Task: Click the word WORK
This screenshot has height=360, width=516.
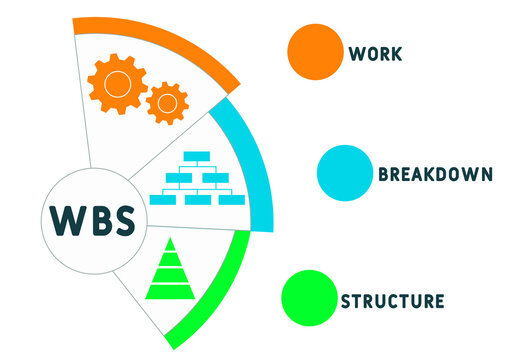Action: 376,54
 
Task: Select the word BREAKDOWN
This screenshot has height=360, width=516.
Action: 435,173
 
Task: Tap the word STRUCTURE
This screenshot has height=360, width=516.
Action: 392,300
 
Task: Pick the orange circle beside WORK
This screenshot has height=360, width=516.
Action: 315,51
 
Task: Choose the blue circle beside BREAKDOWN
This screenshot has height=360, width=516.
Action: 345,172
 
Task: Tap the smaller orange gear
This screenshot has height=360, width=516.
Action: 166,102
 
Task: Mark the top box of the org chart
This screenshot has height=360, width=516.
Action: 197,156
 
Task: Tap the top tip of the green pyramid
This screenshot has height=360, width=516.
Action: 167,242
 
